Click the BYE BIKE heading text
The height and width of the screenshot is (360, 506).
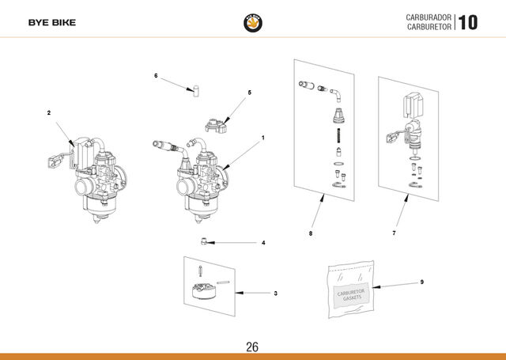pos(52,23)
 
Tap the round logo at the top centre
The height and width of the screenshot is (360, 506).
pos(253,23)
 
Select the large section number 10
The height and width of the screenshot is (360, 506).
pos(467,23)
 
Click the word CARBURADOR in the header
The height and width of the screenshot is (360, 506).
pos(429,17)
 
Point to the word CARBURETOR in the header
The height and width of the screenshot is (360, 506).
pos(429,27)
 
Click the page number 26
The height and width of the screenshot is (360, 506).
pos(252,347)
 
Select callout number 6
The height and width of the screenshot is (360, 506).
pos(156,75)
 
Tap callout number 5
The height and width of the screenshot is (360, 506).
pos(250,93)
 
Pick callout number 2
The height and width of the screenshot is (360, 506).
pos(49,112)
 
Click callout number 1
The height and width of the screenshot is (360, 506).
pos(263,138)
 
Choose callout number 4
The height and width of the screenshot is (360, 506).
pos(263,243)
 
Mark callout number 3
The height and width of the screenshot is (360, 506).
pos(275,294)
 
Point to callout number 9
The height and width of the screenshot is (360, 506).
pos(421,282)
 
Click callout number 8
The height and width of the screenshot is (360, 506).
pos(311,233)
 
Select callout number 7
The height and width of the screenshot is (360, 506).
pos(394,233)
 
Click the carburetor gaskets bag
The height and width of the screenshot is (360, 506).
pos(351,290)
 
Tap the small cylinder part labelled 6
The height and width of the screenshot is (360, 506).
pos(196,91)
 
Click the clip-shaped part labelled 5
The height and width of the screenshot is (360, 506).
pos(216,126)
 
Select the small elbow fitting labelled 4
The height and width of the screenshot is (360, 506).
pos(204,241)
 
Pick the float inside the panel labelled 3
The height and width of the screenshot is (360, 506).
pos(204,291)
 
